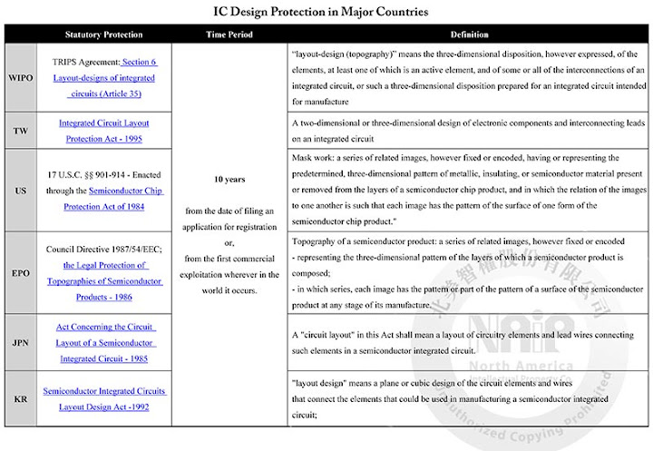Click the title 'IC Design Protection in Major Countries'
[326, 13]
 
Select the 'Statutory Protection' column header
[103, 34]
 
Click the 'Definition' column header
[468, 34]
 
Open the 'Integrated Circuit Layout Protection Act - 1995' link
[103, 131]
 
